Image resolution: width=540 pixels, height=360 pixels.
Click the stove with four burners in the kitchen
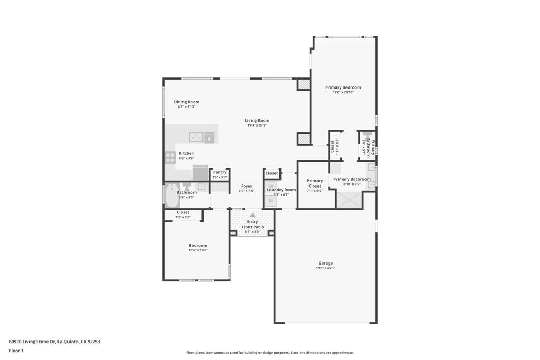pos(170,156)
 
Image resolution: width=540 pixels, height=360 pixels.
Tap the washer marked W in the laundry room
pos(271,186)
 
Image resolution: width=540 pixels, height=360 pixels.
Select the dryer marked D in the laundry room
pos(271,200)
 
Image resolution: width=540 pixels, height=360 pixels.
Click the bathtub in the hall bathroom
pos(171,196)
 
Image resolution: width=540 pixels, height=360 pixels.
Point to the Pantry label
pos(219,172)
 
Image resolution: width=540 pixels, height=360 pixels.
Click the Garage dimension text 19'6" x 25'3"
pos(325,268)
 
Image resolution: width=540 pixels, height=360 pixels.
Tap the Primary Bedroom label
pos(343,87)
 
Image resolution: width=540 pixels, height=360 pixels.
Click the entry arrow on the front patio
pos(253,215)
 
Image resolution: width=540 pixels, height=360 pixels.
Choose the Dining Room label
pos(187,102)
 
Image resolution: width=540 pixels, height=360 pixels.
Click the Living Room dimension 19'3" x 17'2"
pos(257,125)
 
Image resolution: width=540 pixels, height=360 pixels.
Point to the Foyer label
pos(246,186)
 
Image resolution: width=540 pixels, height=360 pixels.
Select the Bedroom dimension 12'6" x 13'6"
pos(198,250)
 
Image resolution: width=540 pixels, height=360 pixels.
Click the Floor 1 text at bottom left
pos(16,351)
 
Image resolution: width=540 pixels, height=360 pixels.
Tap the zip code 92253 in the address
pos(93,342)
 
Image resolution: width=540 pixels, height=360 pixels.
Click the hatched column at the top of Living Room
pos(304,84)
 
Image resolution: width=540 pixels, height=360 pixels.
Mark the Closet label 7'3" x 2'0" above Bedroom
pos(183,212)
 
